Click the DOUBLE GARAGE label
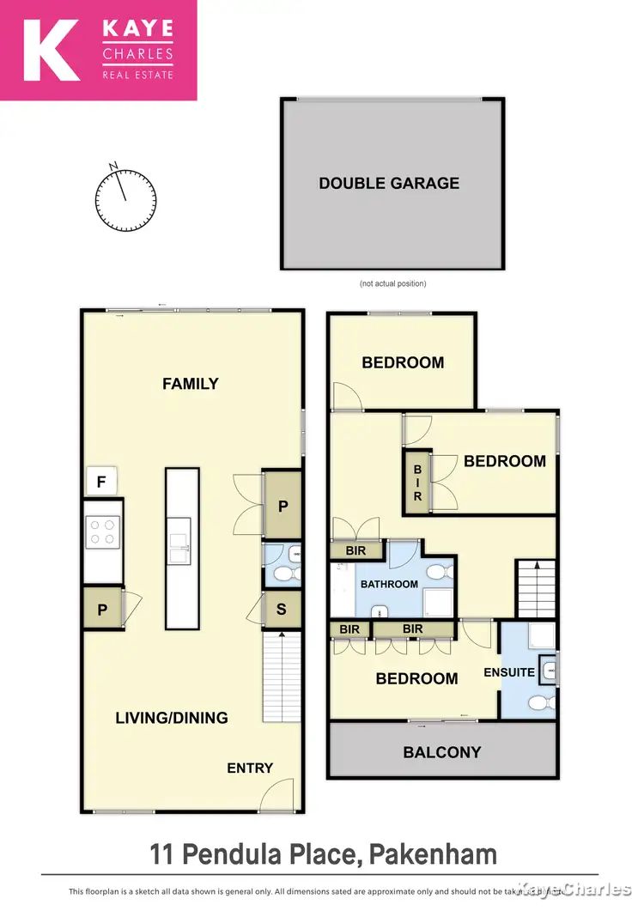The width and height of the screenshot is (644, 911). coord(389,183)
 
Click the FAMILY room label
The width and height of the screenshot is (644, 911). coord(191,384)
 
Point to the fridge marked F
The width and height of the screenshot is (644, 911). coord(101,483)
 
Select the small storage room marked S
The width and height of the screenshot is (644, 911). coord(282,610)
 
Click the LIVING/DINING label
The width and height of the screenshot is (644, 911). coord(172,718)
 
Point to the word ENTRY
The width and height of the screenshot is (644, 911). coord(250,768)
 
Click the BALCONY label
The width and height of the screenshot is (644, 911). coord(442,752)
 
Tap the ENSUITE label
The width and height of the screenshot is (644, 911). coord(509,672)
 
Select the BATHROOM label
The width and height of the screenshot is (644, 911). coord(389,584)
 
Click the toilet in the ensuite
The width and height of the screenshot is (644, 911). coord(539,703)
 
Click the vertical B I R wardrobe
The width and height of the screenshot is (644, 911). coord(418,483)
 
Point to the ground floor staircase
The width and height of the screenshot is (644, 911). coord(283,677)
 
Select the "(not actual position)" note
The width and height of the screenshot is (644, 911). coord(392,283)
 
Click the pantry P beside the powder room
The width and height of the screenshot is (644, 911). coord(283,507)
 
